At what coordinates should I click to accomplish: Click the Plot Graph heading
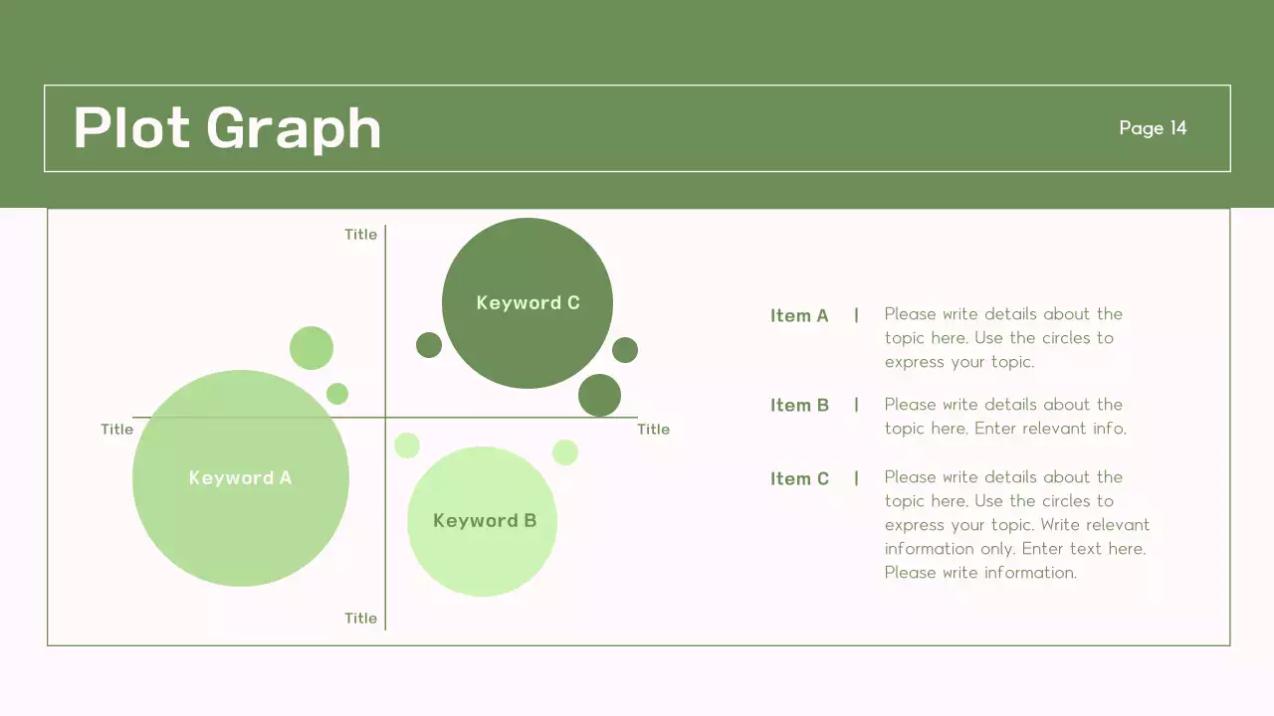tap(227, 128)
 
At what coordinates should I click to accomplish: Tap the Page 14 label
tap(1153, 127)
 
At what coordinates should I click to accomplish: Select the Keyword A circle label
tap(240, 478)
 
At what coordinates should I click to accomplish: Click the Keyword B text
tap(485, 521)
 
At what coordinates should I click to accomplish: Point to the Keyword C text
tap(528, 303)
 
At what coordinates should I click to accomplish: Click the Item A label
tap(799, 316)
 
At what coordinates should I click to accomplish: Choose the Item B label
tap(799, 406)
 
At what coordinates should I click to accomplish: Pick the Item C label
tap(799, 479)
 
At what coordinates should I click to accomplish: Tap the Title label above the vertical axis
tap(360, 235)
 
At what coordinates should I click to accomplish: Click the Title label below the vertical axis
tap(360, 619)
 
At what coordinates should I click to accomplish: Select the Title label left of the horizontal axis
tap(116, 430)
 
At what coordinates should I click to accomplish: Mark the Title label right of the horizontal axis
tap(653, 430)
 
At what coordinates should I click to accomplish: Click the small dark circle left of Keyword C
tap(429, 345)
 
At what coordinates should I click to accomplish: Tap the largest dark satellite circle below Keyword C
tap(599, 395)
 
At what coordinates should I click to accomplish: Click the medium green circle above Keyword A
tap(312, 348)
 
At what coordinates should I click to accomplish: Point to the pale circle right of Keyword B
tap(565, 452)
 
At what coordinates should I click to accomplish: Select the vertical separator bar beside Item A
tap(856, 315)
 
